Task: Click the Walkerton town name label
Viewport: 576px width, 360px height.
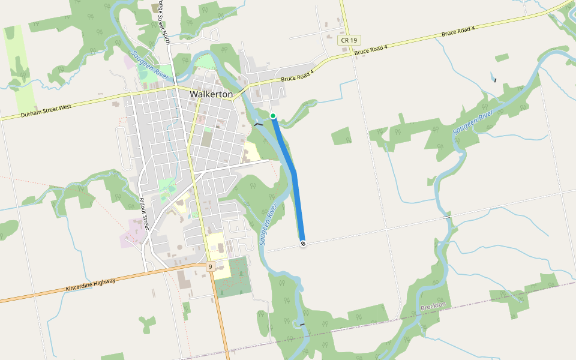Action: [211, 94]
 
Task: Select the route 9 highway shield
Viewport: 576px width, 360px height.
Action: [210, 266]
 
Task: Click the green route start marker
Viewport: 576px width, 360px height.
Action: [273, 116]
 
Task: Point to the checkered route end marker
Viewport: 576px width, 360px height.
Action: [303, 243]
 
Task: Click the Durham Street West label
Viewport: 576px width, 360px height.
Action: [46, 110]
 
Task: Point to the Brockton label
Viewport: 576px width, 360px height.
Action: [433, 306]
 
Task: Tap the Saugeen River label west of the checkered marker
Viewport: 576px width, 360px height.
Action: [268, 224]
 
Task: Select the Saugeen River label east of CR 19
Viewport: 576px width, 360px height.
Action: [473, 122]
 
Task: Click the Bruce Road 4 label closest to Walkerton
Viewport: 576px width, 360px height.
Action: [297, 76]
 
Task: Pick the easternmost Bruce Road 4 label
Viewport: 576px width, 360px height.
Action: [458, 32]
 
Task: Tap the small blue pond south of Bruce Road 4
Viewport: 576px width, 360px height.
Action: [494, 77]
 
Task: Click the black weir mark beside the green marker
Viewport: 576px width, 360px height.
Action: [259, 123]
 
